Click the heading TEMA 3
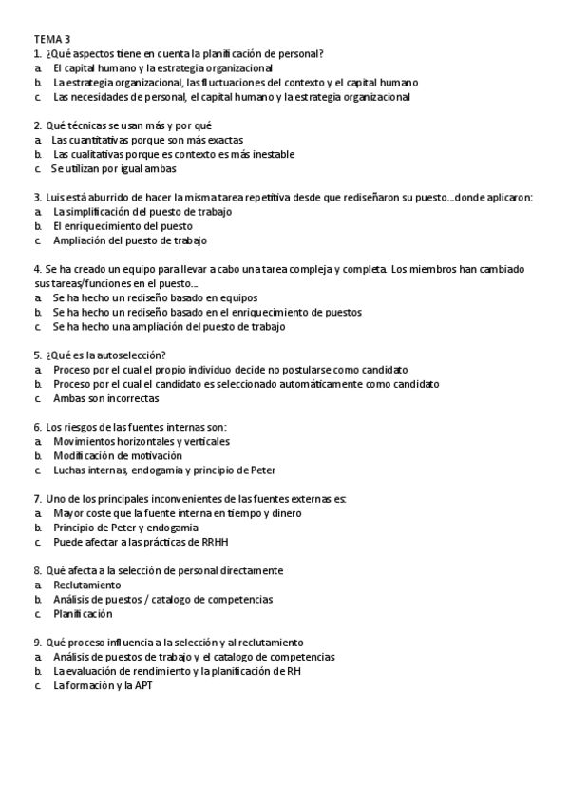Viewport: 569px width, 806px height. pos(52,39)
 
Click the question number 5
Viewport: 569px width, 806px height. pos(37,355)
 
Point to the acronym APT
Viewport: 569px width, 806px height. pos(143,685)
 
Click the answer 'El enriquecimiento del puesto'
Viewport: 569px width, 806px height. pos(123,226)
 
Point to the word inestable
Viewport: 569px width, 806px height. pos(271,154)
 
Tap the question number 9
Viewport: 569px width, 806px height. pos(37,642)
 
